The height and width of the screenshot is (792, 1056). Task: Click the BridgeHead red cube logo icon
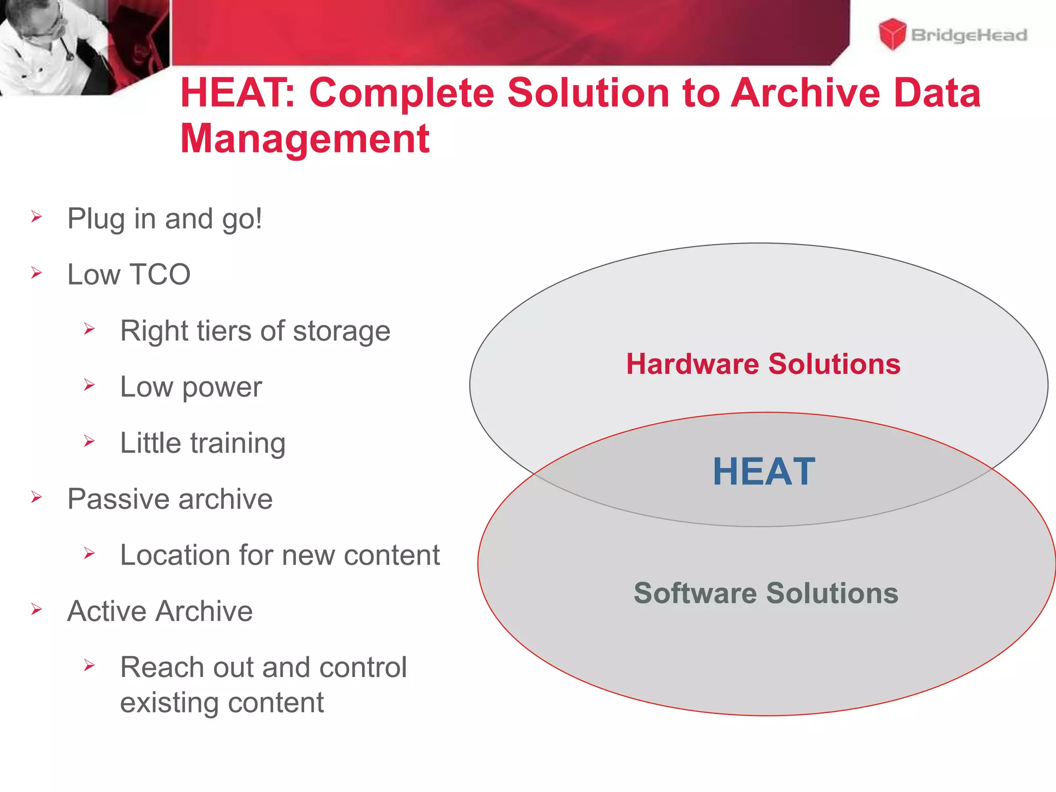(x=892, y=34)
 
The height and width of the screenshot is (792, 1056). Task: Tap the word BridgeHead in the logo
(x=969, y=35)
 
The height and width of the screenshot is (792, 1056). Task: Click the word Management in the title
(x=305, y=139)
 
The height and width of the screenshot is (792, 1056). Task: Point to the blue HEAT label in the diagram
(x=764, y=471)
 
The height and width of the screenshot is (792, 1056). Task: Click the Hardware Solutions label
(x=763, y=364)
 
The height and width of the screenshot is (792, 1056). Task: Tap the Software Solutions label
(x=766, y=593)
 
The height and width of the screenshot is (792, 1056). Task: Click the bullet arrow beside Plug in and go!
(x=36, y=217)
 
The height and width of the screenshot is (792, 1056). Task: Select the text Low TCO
(x=129, y=274)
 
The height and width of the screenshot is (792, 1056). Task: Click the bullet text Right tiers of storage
(x=255, y=331)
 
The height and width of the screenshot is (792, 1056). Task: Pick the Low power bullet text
(x=191, y=387)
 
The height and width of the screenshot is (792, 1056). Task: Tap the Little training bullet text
(x=203, y=443)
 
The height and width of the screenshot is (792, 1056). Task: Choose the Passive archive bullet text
(x=170, y=499)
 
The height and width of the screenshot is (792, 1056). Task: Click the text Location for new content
(x=280, y=555)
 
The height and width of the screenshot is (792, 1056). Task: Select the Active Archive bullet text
(x=160, y=611)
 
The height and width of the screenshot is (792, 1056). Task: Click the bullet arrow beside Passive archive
(x=36, y=497)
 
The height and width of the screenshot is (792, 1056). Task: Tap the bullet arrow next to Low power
(x=89, y=385)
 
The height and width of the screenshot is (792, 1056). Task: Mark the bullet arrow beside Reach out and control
(x=89, y=665)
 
